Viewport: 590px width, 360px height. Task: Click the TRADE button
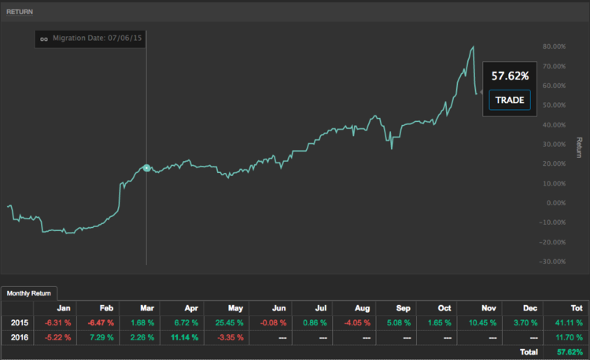(510, 101)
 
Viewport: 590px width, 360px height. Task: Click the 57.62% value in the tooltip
(510, 76)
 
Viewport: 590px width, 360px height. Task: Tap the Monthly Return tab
(27, 293)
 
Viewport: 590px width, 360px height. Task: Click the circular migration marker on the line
(146, 168)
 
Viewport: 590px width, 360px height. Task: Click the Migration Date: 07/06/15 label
(97, 38)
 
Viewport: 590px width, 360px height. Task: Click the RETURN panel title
(20, 12)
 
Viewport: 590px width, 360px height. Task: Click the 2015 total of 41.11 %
(565, 323)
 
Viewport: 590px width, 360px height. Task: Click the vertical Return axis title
(578, 147)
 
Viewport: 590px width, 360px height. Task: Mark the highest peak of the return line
(473, 47)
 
